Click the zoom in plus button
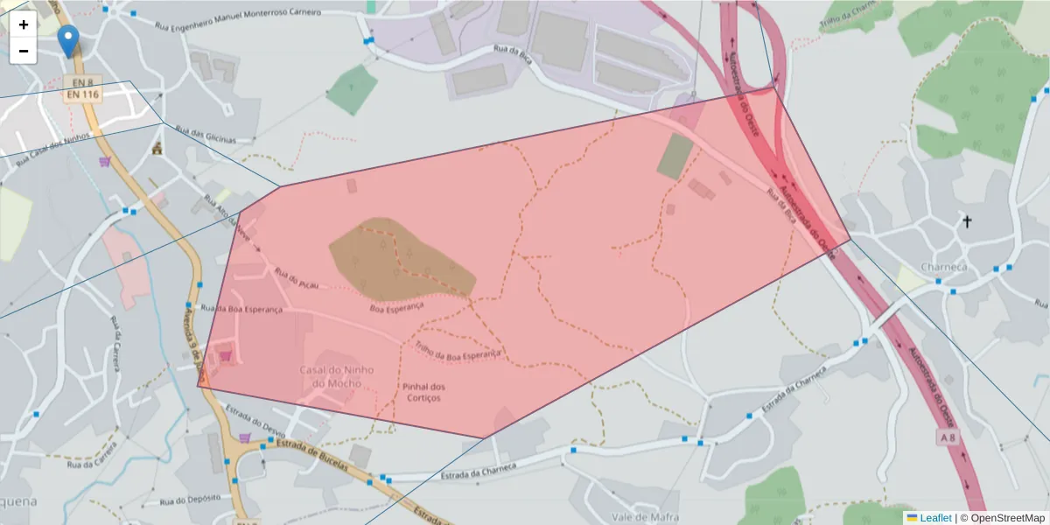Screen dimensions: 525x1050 click(24, 24)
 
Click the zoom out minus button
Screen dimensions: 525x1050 click(24, 51)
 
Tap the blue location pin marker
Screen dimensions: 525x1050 click(67, 39)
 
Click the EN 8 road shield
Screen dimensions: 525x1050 click(77, 80)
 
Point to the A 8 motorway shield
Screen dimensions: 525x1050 click(948, 437)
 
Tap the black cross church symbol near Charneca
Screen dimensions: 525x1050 click(967, 221)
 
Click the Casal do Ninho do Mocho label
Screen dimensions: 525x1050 click(337, 376)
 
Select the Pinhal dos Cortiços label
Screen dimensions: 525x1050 click(423, 392)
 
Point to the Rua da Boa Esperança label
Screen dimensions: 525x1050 click(242, 309)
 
